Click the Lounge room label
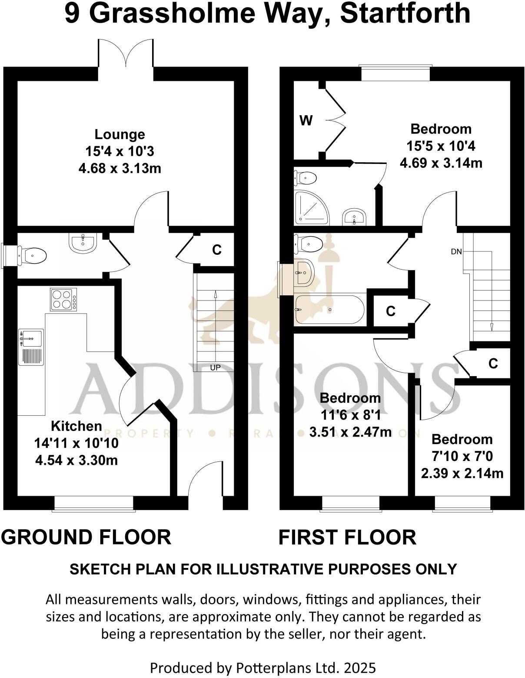pos(120,134)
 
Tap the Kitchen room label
pos(76,426)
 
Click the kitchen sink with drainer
pos(31,347)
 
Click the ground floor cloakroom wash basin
pos(82,243)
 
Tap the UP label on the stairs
pos(215,367)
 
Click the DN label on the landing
pos(456,251)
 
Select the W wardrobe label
pos(306,120)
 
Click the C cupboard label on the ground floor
pos(216,250)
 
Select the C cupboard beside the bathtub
pos(391,311)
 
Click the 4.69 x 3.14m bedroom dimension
pos(441,163)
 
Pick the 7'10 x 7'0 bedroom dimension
pos(462,456)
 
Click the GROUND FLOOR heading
pos(86,537)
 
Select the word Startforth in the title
pos(405,13)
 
